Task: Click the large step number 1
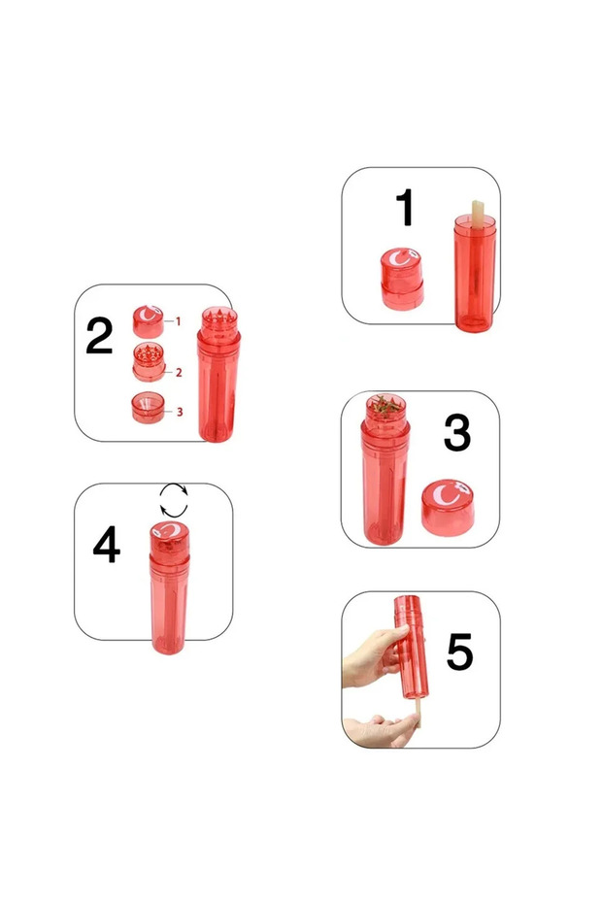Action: (x=405, y=209)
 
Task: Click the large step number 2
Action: (x=99, y=337)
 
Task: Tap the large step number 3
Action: (x=457, y=433)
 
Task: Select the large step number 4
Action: (x=106, y=547)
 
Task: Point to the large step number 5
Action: (x=459, y=652)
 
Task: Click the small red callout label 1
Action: (x=179, y=320)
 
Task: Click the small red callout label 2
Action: (x=180, y=372)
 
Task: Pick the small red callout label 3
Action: (x=180, y=412)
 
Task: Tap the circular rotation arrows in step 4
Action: (x=174, y=502)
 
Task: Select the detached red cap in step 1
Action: (x=401, y=278)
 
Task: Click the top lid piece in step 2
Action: (x=148, y=320)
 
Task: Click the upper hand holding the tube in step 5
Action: (x=374, y=655)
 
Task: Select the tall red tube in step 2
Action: (x=217, y=388)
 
